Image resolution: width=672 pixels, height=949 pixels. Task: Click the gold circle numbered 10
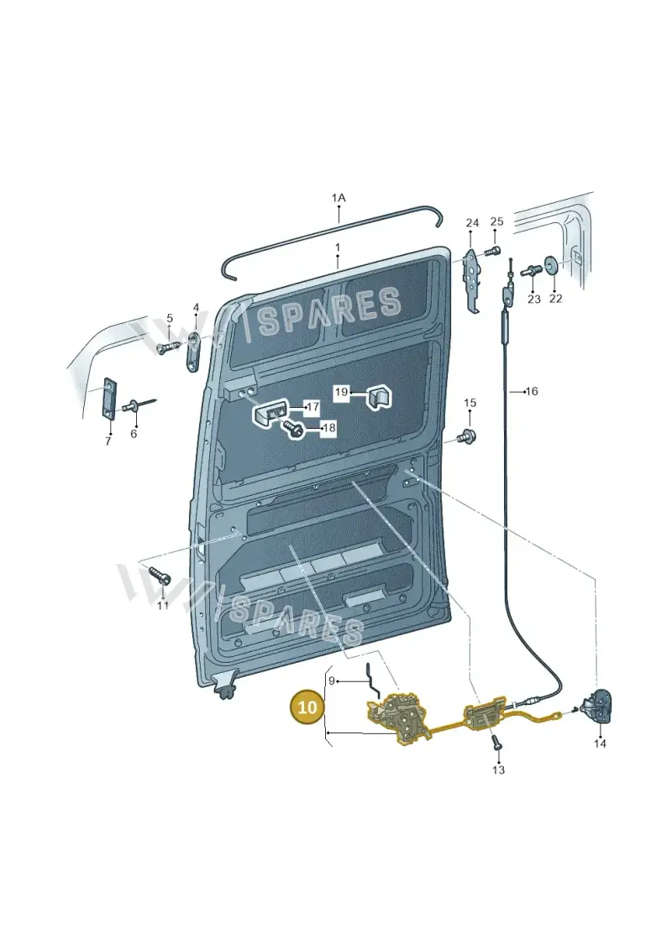pos(307,707)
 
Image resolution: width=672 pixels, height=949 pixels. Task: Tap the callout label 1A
pos(339,198)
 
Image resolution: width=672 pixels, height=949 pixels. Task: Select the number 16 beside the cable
pos(532,392)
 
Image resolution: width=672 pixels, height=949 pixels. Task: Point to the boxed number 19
pos(342,392)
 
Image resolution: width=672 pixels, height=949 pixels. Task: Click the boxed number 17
pos(312,407)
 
